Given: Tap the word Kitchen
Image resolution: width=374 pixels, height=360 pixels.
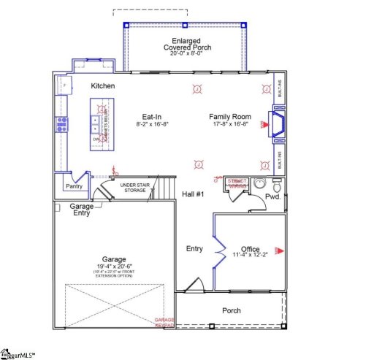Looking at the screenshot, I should coord(103,86).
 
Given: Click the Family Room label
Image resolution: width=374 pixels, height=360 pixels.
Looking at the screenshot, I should coord(229,117).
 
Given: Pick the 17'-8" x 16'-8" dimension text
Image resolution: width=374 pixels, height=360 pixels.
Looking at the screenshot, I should coord(229,125).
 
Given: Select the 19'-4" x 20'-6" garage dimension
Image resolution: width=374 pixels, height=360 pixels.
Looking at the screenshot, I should coord(114,267).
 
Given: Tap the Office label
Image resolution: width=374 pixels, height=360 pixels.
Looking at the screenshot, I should coord(250,249).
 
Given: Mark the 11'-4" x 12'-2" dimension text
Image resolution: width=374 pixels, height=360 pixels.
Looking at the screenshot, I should coord(250,256).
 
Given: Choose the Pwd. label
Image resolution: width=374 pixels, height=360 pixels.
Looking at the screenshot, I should coord(273,197).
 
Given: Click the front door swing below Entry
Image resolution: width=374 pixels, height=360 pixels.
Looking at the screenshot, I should coord(194,285).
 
